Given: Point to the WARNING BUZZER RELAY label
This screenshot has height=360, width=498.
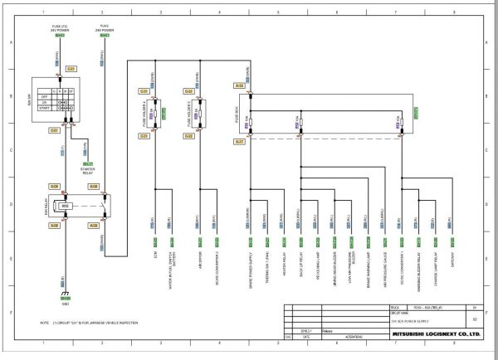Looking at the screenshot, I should [x=415, y=270].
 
